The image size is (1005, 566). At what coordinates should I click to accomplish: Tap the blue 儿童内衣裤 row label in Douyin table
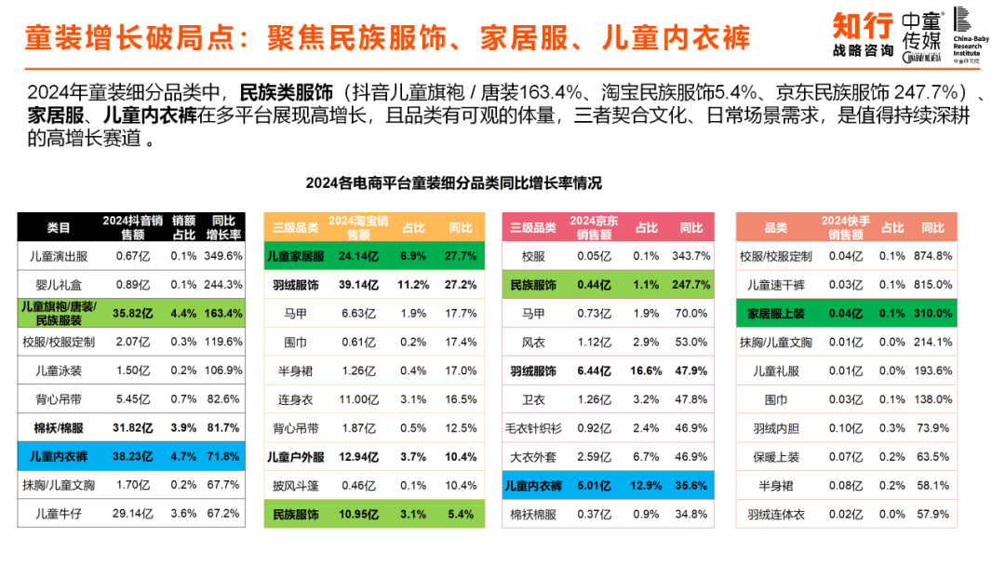click(59, 457)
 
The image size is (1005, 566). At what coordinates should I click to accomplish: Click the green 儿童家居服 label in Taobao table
click(295, 256)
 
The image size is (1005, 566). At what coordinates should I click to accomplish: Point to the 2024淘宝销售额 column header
click(357, 227)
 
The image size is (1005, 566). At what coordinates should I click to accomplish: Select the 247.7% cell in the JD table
click(691, 285)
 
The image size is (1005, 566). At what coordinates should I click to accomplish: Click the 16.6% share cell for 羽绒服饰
click(646, 371)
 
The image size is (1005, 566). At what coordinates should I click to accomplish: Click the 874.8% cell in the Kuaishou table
click(932, 256)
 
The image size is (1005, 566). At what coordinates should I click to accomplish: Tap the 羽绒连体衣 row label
click(775, 514)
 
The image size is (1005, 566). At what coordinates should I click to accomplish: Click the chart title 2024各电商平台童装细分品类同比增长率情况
click(454, 182)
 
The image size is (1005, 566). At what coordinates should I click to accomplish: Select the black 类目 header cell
click(59, 227)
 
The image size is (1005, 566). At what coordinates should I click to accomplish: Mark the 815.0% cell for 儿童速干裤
click(932, 285)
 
